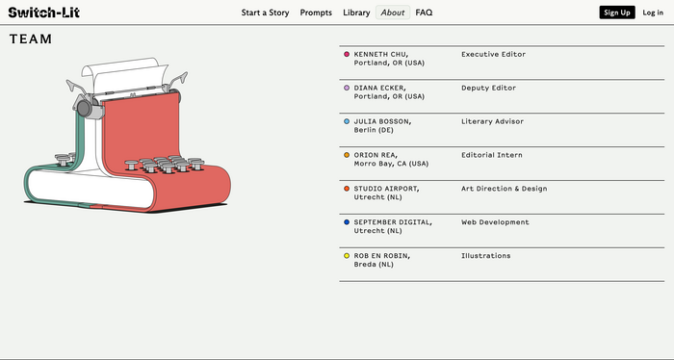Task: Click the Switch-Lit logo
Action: pos(44,13)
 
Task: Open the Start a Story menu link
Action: pos(265,13)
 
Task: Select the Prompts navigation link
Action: pos(316,13)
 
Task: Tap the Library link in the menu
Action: pos(356,13)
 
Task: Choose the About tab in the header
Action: pos(393,13)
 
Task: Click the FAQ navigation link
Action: pos(424,13)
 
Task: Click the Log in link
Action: pos(653,13)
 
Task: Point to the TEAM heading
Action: pos(31,39)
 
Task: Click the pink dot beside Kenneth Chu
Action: pos(347,54)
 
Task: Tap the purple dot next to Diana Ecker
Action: pos(347,88)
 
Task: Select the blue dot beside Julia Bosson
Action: pos(347,121)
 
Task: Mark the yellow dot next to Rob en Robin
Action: pos(347,256)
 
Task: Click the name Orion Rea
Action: pos(376,155)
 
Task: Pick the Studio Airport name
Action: pos(386,189)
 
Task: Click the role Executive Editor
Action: pos(493,54)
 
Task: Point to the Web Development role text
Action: pos(495,222)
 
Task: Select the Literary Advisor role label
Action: pos(493,121)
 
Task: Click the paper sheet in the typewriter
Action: pos(124,74)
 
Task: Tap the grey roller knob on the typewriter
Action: pos(85,109)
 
